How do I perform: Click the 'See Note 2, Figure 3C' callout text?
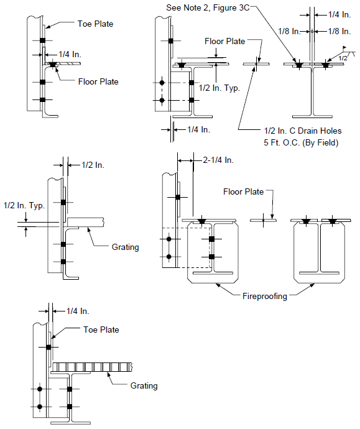tap(208, 7)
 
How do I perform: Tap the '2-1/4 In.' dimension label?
tap(218, 160)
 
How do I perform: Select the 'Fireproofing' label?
tap(265, 297)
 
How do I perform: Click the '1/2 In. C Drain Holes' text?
tap(303, 131)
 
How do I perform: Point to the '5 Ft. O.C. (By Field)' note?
tap(301, 142)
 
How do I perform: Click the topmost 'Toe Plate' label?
tap(95, 24)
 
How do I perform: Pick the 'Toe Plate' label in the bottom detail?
tap(101, 330)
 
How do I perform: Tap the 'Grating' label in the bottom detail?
tap(144, 385)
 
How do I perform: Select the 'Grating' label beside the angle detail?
tap(126, 247)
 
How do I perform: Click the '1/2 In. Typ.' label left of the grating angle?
tap(24, 205)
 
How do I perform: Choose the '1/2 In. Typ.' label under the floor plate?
tap(219, 88)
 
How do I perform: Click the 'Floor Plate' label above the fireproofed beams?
tap(244, 191)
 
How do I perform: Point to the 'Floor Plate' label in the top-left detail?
tap(98, 82)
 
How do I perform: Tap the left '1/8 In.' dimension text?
tap(289, 32)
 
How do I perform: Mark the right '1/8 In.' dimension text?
tap(339, 32)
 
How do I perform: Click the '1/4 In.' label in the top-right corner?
tap(339, 15)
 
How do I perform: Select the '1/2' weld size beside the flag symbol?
tap(343, 58)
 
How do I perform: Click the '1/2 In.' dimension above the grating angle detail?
tap(93, 165)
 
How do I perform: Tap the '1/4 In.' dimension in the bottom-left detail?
tap(78, 311)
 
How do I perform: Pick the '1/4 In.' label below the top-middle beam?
tap(199, 129)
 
